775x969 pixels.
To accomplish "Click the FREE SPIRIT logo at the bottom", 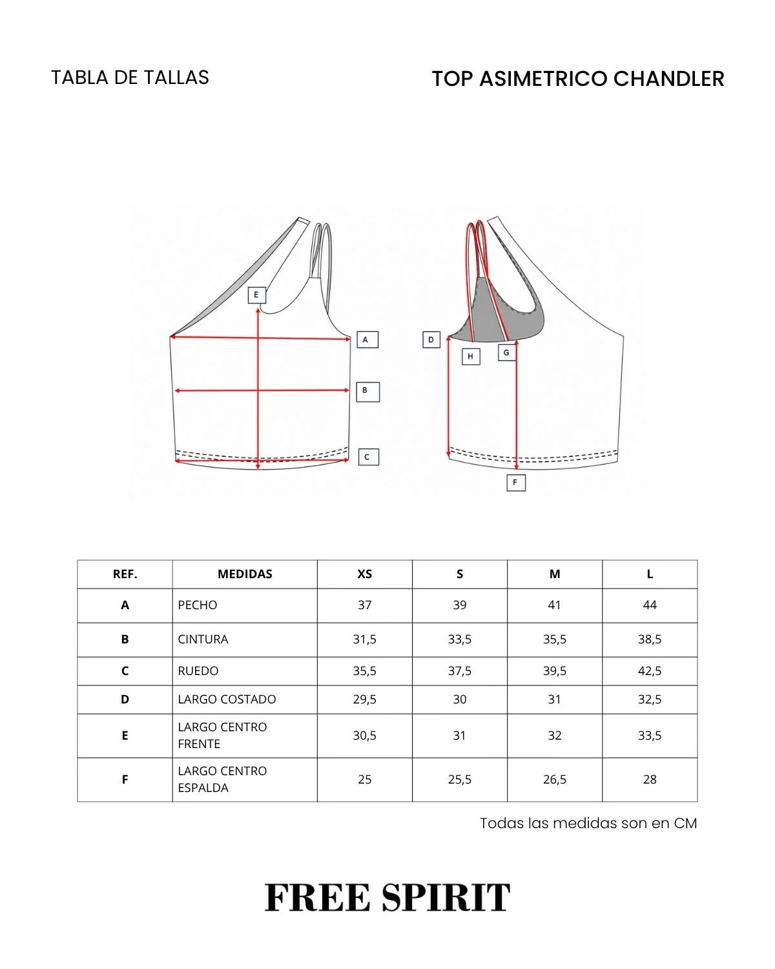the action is (387, 897).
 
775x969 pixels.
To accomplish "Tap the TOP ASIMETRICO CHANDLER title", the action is (578, 79).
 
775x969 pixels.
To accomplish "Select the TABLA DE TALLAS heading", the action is (130, 78).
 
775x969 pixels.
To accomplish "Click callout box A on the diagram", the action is (367, 340).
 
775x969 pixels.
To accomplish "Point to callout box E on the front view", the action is (256, 295).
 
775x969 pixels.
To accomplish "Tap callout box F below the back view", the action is (516, 483).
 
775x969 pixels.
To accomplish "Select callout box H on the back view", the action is (471, 356).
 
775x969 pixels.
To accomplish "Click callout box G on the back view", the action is (506, 353).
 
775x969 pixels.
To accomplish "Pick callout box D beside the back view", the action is (431, 340).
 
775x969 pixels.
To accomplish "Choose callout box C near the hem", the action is (368, 457).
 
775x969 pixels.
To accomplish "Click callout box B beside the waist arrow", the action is (367, 391).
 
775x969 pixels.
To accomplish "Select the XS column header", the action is (365, 574).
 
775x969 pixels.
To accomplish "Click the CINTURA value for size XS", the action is (365, 639).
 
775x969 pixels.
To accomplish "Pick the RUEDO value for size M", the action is (554, 671).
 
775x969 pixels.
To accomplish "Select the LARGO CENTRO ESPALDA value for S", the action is (459, 779).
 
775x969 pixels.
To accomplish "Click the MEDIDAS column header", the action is (245, 574).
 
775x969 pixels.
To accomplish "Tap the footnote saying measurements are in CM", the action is (588, 823).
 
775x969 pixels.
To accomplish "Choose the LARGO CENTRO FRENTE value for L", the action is (649, 735).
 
